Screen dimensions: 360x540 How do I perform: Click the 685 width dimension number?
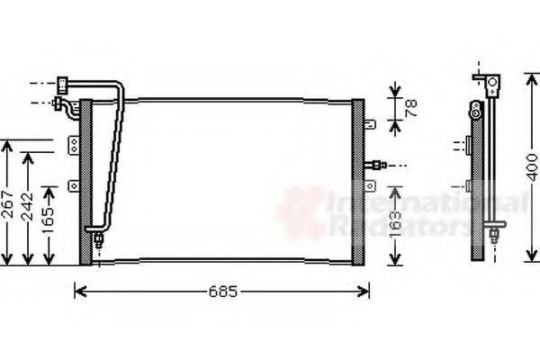[x=221, y=292]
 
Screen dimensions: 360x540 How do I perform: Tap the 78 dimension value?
[x=411, y=109]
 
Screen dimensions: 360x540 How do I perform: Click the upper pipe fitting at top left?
[x=62, y=86]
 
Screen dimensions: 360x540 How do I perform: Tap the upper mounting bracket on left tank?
[x=72, y=143]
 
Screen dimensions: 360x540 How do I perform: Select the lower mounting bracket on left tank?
[x=72, y=186]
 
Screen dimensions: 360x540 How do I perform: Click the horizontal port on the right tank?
[x=379, y=165]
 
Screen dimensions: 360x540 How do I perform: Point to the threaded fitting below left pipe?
[x=97, y=239]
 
